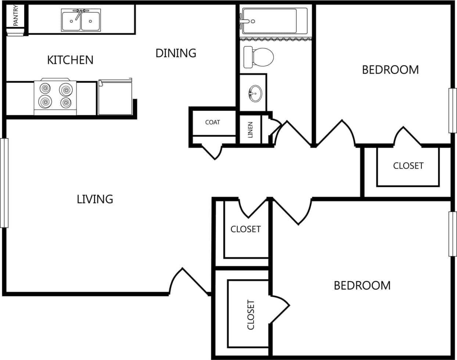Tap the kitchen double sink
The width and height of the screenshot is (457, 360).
(81, 21)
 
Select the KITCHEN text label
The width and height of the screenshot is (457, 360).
(70, 60)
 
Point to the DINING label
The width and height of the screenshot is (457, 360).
(176, 53)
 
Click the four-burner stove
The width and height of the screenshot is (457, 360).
(55, 97)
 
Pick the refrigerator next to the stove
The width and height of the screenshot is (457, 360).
(115, 97)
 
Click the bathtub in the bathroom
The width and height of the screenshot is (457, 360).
(274, 21)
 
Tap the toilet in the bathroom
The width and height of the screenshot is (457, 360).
(259, 57)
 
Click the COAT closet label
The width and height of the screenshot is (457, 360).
(212, 122)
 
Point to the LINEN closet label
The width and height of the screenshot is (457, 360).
(250, 130)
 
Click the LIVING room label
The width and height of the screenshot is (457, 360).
(95, 199)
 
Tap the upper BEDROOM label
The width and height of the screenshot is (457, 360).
(390, 70)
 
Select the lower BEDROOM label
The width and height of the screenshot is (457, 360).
(362, 285)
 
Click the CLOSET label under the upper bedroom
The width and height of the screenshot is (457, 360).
(408, 166)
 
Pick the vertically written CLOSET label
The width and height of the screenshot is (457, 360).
(251, 315)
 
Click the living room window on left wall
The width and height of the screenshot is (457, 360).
(4, 183)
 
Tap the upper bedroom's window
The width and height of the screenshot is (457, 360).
(453, 110)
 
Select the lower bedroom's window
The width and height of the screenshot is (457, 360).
(453, 234)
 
